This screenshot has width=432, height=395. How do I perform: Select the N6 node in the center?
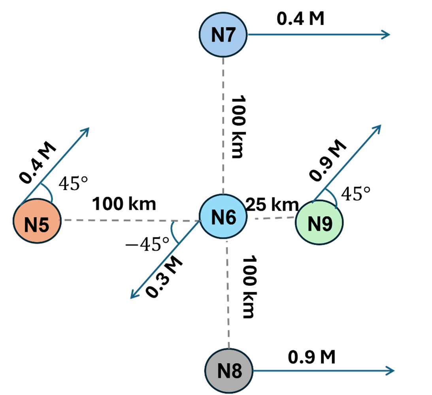[x=223, y=217]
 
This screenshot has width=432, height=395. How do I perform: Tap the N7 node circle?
[x=223, y=34]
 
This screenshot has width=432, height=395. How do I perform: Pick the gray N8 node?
[x=229, y=371]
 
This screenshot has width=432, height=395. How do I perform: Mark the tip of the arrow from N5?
[x=88, y=129]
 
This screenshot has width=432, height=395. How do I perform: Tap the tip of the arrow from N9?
[x=379, y=126]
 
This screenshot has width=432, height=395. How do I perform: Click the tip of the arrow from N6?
[x=132, y=297]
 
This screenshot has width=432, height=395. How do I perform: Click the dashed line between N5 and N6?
[x=130, y=220]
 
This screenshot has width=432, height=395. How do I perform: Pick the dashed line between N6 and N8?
[x=228, y=293]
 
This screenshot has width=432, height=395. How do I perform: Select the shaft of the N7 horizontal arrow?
[x=316, y=34]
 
